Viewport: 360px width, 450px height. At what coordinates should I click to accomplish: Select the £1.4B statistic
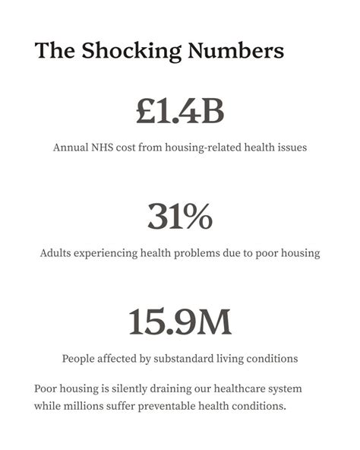coord(180,112)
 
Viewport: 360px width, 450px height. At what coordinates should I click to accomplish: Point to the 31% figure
coord(180,217)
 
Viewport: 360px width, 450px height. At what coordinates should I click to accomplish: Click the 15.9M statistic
coord(180,322)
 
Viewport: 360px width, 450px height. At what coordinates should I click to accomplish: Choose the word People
coord(79,358)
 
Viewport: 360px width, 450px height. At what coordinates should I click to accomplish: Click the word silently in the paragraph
coord(131,389)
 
